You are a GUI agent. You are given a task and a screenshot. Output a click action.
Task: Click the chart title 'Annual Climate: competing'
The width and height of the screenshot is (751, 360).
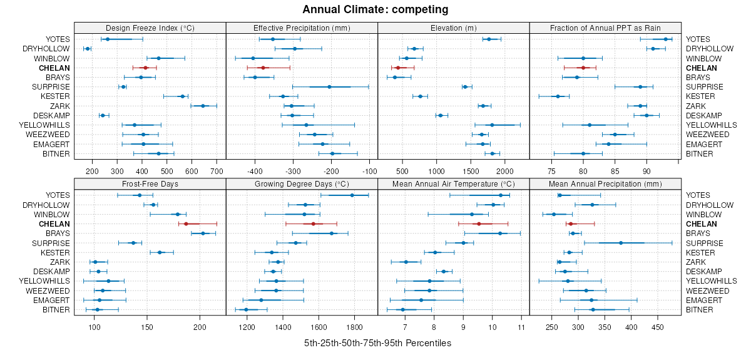click(375, 9)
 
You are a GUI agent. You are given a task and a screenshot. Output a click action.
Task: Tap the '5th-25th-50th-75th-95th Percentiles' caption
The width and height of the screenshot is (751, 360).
click(377, 343)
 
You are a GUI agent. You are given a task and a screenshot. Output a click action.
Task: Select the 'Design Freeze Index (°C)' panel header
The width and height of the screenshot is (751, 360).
click(150, 28)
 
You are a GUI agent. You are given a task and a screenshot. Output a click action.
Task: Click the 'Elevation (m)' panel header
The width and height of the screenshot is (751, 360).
click(453, 28)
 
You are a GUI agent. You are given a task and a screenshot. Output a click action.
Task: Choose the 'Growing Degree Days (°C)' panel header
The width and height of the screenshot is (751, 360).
click(302, 184)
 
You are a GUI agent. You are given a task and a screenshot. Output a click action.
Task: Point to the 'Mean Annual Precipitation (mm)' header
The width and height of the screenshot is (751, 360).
click(605, 184)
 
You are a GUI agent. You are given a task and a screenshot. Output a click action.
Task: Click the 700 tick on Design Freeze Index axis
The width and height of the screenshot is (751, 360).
click(217, 170)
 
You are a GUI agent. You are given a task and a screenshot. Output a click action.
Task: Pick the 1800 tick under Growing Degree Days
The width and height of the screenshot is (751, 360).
click(355, 327)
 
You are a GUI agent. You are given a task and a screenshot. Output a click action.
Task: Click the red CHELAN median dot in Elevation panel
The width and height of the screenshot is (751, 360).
click(397, 68)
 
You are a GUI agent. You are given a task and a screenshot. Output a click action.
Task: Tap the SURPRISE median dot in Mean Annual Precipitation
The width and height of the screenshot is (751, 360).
click(621, 243)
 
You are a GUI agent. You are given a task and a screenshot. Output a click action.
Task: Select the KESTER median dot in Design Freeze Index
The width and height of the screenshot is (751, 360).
click(182, 96)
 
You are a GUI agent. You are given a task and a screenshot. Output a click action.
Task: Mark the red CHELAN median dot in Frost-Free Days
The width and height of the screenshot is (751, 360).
click(186, 224)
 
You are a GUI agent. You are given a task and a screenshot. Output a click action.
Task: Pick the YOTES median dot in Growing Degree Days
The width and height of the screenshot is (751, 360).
click(352, 195)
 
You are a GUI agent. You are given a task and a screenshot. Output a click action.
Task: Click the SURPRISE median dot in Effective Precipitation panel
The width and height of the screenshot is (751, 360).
click(329, 87)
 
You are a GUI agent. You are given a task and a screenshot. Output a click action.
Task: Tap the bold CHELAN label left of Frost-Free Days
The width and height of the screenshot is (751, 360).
click(54, 224)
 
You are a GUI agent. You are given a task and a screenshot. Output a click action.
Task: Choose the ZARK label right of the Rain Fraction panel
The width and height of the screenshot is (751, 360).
click(696, 106)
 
